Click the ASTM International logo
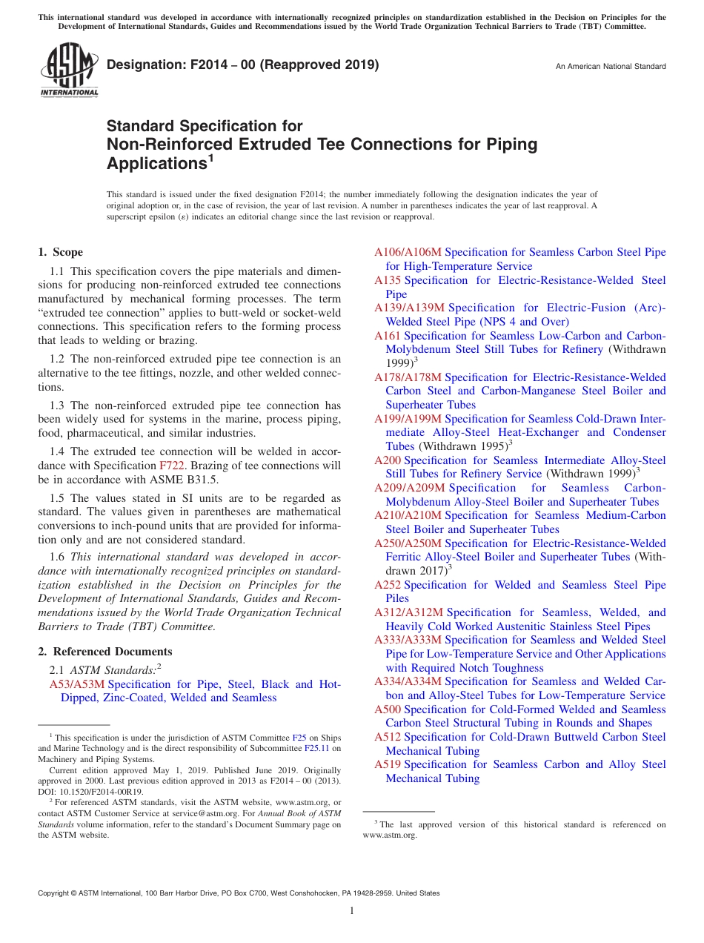[x=68, y=70]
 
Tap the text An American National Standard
[x=610, y=67]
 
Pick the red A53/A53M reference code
[x=76, y=684]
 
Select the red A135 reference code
[x=388, y=280]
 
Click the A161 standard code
[x=388, y=336]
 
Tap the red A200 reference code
[x=388, y=460]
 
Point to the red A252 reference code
[x=388, y=585]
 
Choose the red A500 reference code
[x=388, y=709]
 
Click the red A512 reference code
[x=388, y=737]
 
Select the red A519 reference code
[x=388, y=764]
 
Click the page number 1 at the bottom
[x=352, y=911]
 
